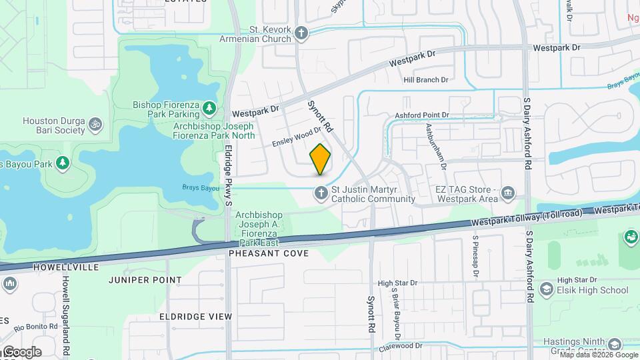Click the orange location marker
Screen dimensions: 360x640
point(320,159)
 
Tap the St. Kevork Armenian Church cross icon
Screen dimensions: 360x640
point(301,33)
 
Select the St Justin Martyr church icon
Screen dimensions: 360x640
point(321,193)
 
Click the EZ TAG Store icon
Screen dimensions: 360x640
point(509,193)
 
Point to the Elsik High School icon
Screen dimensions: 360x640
point(547,289)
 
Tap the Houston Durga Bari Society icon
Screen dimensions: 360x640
point(96,124)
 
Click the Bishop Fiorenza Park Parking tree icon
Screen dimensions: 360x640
point(209,107)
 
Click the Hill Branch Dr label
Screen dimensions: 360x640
point(426,80)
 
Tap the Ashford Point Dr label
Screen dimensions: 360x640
point(422,115)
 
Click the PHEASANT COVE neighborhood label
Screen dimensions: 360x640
point(269,254)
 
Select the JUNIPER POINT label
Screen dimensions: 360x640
point(145,280)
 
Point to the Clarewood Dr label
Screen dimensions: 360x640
point(400,346)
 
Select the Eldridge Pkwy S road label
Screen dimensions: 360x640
point(229,175)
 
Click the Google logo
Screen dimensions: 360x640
point(22,351)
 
